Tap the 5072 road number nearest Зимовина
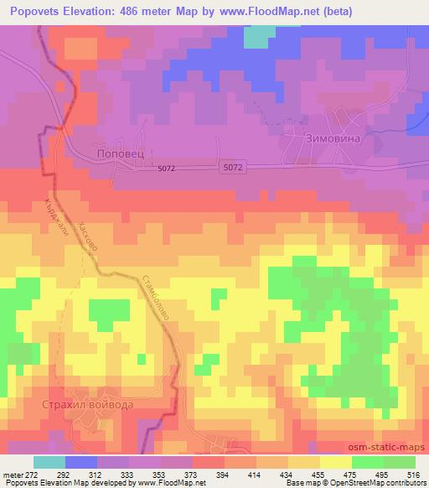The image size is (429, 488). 234,169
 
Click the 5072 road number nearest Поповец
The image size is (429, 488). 166,169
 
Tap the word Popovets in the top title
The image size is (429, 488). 39,12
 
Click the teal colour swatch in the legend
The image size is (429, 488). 49,462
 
